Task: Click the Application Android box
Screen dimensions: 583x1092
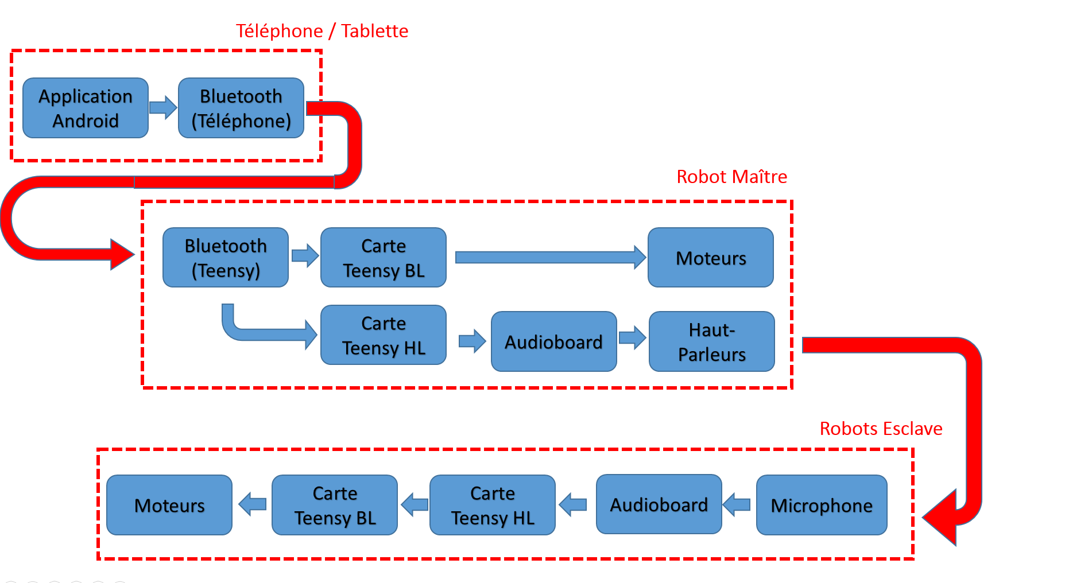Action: (86, 108)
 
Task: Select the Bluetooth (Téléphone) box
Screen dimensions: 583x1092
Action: (241, 108)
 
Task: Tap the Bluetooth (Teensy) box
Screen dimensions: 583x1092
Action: (226, 258)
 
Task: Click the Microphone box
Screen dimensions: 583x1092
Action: (822, 505)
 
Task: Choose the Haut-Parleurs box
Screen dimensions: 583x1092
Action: (712, 341)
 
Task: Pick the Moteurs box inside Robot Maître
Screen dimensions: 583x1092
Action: (711, 258)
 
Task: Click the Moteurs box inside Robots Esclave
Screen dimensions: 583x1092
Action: (169, 505)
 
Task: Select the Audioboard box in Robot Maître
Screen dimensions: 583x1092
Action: (554, 341)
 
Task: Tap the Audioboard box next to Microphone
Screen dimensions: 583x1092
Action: (659, 504)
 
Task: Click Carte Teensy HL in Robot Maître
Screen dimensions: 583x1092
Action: (384, 335)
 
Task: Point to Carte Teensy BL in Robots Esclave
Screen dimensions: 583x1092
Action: (335, 505)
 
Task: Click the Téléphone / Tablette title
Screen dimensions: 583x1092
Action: (322, 31)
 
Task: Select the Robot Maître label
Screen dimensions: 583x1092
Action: (731, 177)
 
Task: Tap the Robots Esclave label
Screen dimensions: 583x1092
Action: (881, 429)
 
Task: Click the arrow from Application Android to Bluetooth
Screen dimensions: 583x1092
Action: (163, 107)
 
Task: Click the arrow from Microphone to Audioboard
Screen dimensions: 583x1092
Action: (737, 504)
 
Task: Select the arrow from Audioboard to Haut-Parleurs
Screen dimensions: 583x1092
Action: (632, 337)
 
